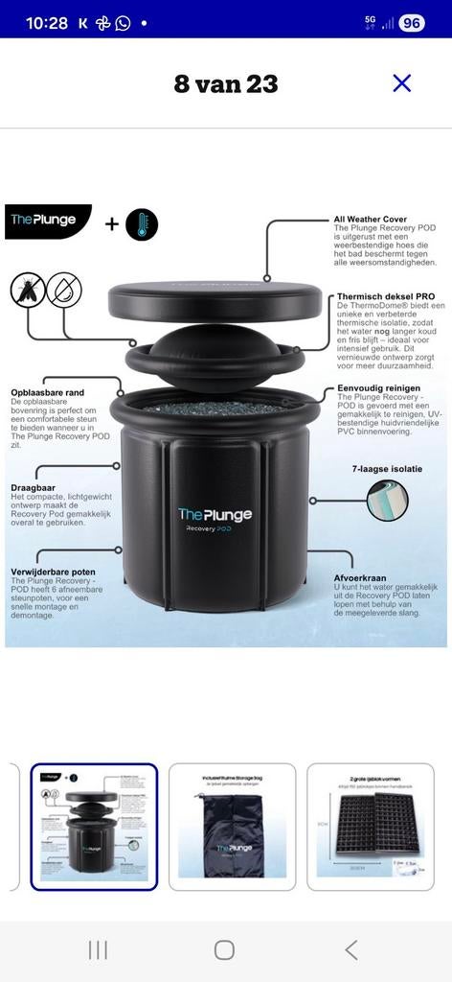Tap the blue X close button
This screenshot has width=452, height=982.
[x=401, y=83]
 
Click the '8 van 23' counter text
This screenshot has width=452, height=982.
[x=226, y=83]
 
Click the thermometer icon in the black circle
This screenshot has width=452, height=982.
[x=142, y=224]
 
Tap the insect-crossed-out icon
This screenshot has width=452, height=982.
[x=28, y=290]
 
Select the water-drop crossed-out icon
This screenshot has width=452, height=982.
[x=64, y=290]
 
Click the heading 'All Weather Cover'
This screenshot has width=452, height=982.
[x=370, y=220]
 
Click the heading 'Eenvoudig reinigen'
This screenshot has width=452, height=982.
[x=377, y=387]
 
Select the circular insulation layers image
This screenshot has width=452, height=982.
[x=387, y=501]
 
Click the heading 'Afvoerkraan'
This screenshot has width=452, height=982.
[x=361, y=578]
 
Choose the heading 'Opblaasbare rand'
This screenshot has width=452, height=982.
[x=47, y=392]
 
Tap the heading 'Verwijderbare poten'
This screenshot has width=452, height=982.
[x=54, y=572]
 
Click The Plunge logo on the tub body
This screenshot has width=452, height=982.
[x=215, y=516]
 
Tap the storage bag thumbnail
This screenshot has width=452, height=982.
[x=232, y=826]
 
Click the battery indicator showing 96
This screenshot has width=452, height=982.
[x=412, y=22]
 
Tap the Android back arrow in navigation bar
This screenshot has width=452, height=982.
[x=350, y=949]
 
